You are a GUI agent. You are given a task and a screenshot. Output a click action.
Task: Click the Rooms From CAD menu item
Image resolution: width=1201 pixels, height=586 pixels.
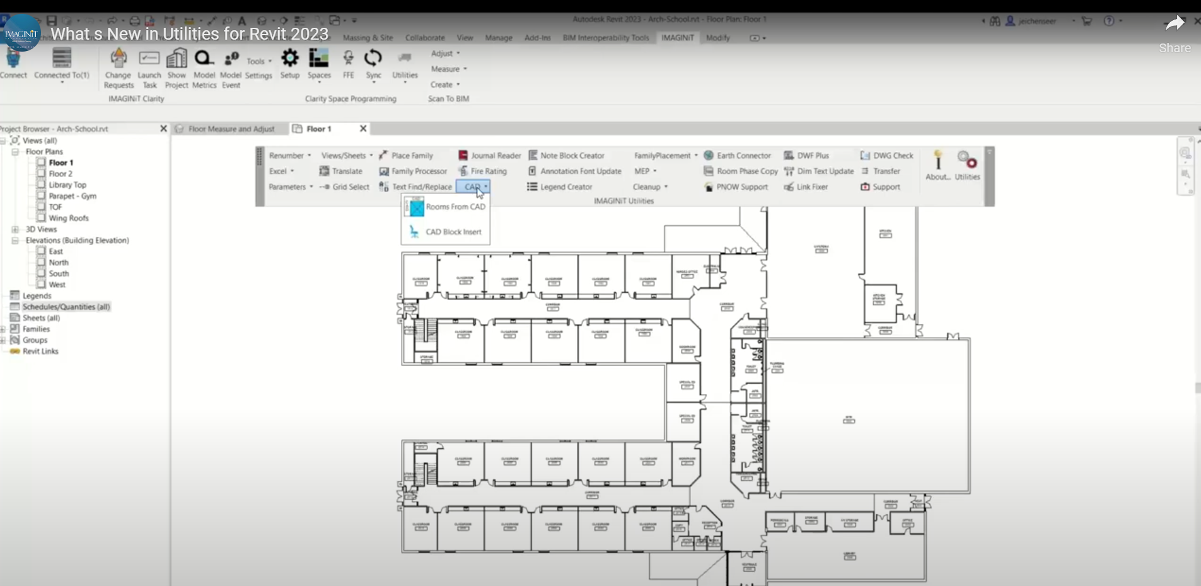tap(455, 207)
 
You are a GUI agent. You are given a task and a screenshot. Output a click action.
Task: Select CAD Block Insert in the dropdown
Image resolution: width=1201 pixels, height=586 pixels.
tap(453, 232)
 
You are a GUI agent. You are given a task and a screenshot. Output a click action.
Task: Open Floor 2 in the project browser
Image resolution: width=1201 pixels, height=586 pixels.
tap(61, 174)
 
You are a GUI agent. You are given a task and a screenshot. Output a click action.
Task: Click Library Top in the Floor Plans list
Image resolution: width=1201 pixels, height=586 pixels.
tap(67, 185)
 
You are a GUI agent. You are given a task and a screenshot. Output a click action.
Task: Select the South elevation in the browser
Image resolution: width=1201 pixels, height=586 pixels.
tap(59, 274)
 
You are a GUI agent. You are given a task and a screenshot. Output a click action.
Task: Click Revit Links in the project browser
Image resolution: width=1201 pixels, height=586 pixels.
tap(40, 352)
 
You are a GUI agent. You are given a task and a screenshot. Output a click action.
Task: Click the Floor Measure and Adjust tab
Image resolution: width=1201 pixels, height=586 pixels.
tap(231, 129)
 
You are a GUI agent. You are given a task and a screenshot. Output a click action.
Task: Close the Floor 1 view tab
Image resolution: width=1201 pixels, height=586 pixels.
tap(363, 129)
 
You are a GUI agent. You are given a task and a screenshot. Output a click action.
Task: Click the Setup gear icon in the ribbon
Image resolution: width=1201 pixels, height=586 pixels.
tap(290, 59)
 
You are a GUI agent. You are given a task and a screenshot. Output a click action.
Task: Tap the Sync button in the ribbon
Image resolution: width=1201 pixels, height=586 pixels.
tap(373, 59)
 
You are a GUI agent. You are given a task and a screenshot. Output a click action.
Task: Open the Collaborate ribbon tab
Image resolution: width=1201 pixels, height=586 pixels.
tap(425, 38)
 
